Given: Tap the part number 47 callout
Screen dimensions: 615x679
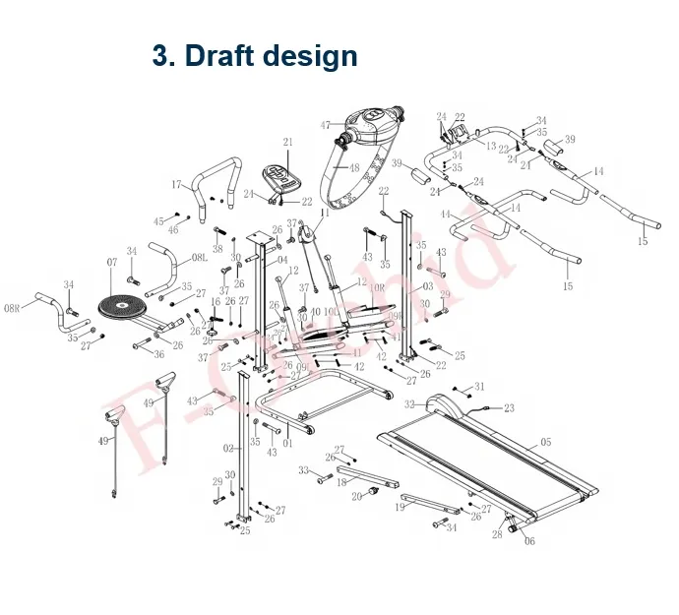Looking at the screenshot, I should tap(326, 125).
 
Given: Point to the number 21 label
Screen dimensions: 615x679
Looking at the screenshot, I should tap(288, 143).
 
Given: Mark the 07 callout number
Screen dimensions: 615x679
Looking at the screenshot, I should tap(112, 263).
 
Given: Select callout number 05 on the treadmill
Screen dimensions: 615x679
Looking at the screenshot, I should tap(546, 444).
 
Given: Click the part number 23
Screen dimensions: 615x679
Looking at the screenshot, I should tap(509, 407).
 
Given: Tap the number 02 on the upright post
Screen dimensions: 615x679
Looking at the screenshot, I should tap(227, 449).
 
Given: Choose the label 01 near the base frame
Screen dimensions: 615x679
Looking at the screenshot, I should tap(288, 444).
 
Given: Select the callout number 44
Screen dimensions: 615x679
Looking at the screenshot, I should tap(445, 215).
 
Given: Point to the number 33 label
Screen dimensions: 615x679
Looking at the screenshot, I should tap(303, 470).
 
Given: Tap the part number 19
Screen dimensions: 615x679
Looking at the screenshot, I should tap(401, 508).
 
